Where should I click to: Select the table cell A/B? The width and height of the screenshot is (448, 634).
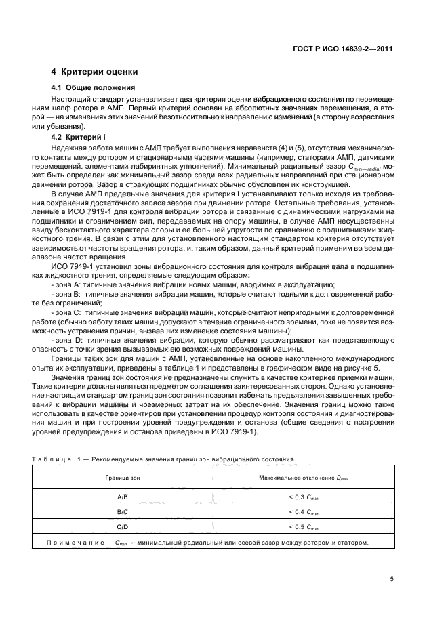pos(127,496)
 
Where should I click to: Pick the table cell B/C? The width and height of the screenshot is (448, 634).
pos(127,512)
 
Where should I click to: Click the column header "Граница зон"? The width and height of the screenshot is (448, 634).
pos(127,478)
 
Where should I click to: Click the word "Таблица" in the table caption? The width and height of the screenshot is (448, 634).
pos(70,459)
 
